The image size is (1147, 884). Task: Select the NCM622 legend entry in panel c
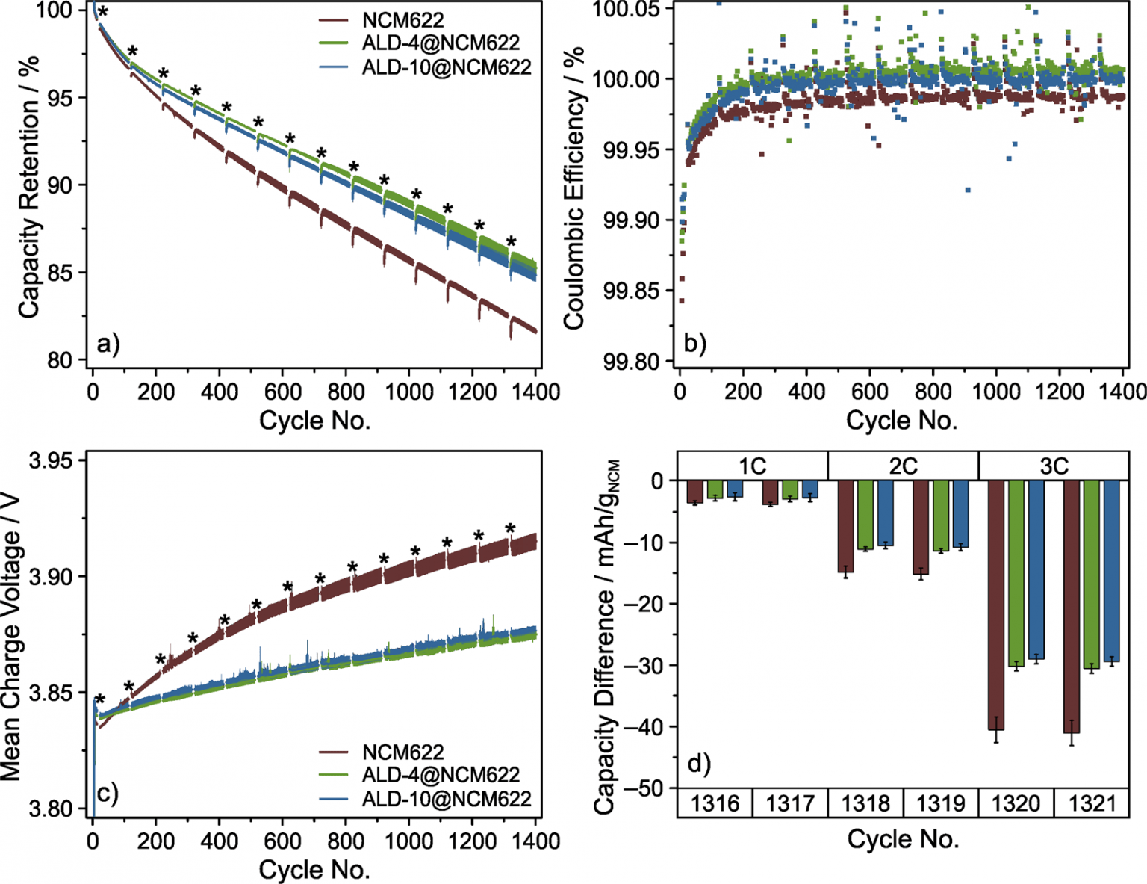point(403,752)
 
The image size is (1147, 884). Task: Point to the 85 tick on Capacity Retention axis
point(66,273)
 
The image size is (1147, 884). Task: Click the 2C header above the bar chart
point(903,466)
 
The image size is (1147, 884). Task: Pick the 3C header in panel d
point(1054,466)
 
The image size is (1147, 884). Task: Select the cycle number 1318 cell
point(865,803)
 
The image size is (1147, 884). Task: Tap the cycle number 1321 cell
point(1091,803)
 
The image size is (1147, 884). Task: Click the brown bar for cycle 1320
point(997,605)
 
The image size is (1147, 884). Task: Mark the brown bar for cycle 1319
point(921,528)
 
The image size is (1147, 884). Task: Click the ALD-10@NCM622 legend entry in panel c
point(446,798)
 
